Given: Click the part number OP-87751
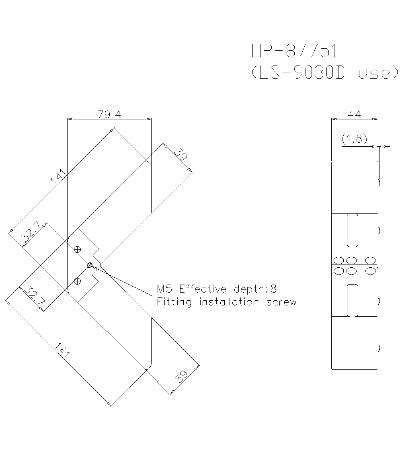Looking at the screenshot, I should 294,51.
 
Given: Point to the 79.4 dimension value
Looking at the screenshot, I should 109,115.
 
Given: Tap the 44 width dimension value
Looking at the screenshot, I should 354,115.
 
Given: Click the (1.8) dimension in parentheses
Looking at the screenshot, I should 354,139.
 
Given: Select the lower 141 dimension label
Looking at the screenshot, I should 62,349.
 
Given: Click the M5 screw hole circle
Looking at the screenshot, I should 90,265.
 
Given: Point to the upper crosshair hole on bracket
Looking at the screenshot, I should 78,249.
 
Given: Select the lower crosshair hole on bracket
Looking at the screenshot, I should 78,281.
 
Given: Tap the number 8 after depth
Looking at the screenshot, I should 274,289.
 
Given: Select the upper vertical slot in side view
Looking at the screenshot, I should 352,230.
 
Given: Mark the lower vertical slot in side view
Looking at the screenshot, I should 352,300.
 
